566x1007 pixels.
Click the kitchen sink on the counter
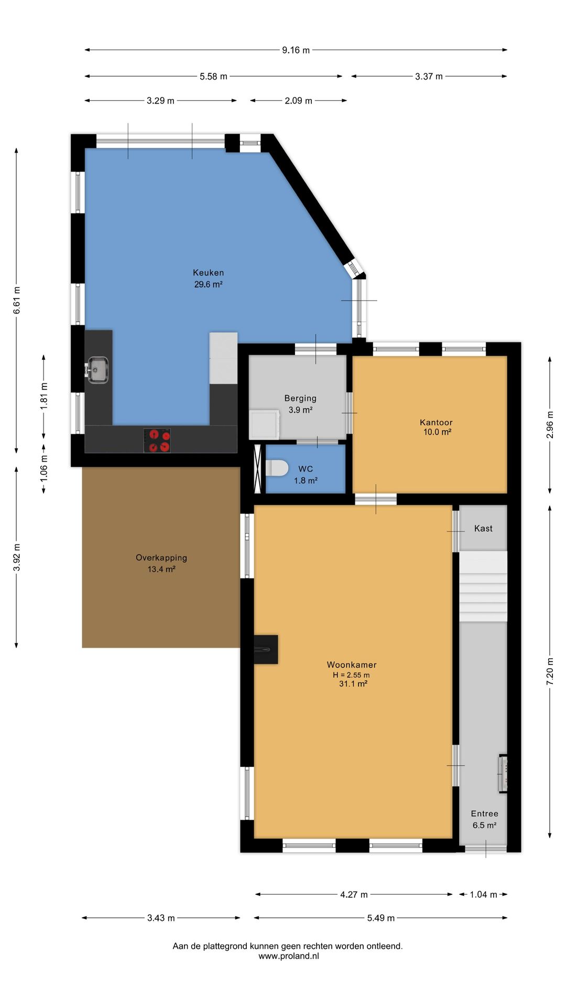coord(97,370)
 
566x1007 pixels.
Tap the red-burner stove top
coord(157,441)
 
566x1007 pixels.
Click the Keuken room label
coord(208,273)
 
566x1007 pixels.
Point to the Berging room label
coord(300,399)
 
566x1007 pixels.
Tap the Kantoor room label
coord(436,422)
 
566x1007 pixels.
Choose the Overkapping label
coord(161,558)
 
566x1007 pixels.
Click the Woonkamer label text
coord(352,665)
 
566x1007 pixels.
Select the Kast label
coord(483,529)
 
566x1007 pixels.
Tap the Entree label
coord(484,814)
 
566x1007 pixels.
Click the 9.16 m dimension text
coord(296,50)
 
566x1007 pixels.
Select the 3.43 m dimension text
coord(161,918)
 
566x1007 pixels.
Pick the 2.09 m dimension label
coord(299,101)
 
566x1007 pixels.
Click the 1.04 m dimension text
coord(483,894)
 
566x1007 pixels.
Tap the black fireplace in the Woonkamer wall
coord(266,649)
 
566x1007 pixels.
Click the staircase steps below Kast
coord(483,586)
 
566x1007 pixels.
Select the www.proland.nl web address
coord(288,956)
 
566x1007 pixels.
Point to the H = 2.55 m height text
coord(351,675)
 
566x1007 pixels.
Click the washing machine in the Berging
coord(264,424)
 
